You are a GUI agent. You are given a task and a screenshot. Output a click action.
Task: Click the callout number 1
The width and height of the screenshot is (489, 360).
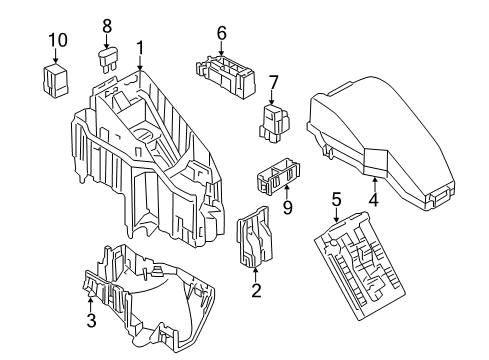pyautogui.click(x=141, y=46)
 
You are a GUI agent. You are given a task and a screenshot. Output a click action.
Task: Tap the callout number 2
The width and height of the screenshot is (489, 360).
pyautogui.click(x=256, y=291)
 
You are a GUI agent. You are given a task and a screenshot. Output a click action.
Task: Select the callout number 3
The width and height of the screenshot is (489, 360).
pyautogui.click(x=90, y=320)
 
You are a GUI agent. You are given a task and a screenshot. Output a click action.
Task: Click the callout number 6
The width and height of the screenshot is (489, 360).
pyautogui.click(x=221, y=32)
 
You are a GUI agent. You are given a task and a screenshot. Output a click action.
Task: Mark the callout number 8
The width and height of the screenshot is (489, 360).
pyautogui.click(x=107, y=24)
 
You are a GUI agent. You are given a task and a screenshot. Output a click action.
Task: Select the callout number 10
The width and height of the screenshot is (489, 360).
pyautogui.click(x=58, y=40)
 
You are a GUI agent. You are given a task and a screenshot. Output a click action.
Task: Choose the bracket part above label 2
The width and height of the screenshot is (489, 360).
pyautogui.click(x=255, y=241)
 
